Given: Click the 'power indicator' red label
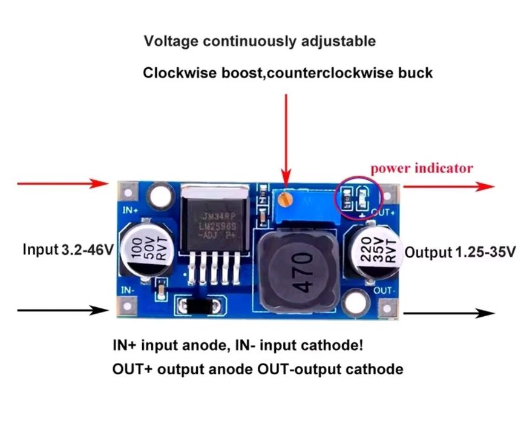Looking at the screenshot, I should tap(422, 168).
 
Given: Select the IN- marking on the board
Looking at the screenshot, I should tap(128, 290).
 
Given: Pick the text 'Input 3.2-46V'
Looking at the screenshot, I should tap(68, 249).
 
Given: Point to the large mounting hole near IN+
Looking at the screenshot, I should tap(159, 197).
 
